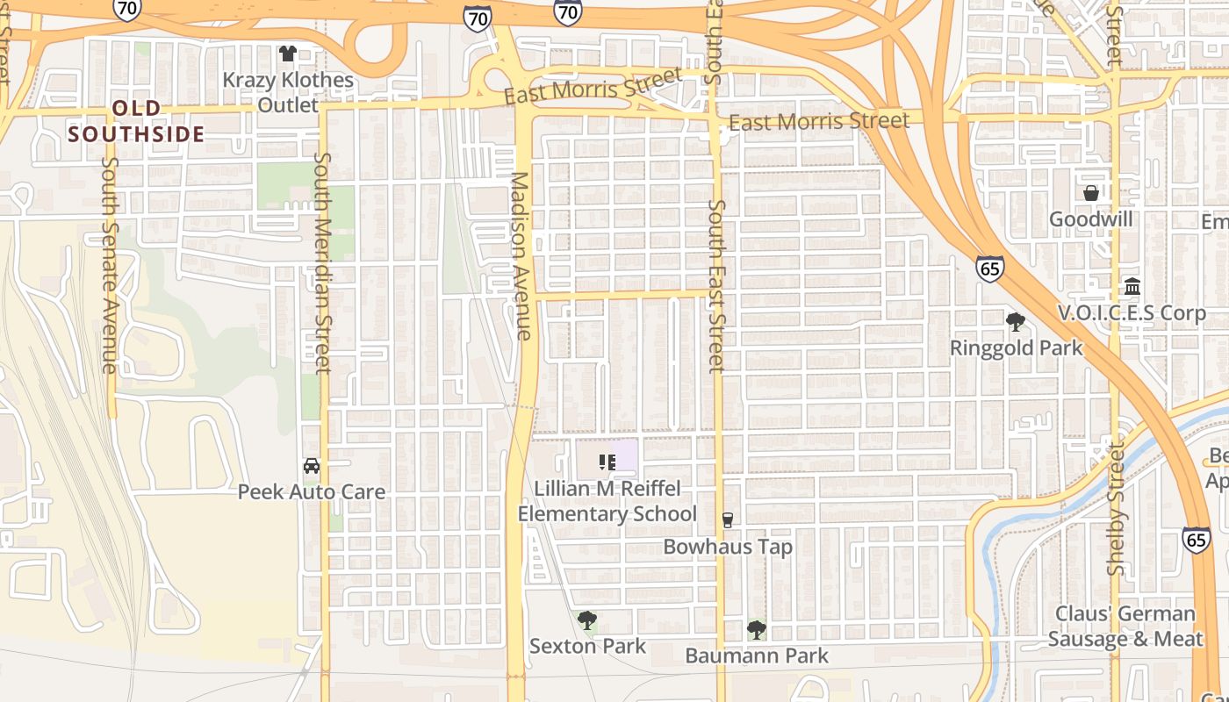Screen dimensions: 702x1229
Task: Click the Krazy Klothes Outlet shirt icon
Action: pos(287,54)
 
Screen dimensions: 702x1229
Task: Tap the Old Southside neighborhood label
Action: pos(136,121)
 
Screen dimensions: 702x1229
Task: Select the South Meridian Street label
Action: pos(322,262)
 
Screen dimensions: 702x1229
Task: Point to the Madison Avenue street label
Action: pos(521,255)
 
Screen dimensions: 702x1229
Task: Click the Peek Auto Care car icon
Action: pos(312,465)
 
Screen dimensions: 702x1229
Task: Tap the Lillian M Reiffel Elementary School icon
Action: pos(607,462)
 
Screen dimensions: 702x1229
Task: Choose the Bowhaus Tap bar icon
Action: pos(727,520)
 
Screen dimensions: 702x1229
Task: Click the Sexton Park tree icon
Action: pos(587,621)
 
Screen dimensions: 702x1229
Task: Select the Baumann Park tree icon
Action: pos(756,629)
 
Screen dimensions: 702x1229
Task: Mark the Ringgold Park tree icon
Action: pos(1016,322)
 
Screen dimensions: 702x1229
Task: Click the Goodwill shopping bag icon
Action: pos(1091,193)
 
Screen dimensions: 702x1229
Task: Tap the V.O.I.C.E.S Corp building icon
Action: pos(1132,287)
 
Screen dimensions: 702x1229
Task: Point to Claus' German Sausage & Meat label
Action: pos(1125,627)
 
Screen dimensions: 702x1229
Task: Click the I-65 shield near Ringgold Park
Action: pos(989,269)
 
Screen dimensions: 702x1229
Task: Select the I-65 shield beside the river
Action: pos(1196,540)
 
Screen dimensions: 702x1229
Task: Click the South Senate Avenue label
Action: pos(110,264)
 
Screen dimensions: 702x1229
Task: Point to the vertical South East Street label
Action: pos(717,285)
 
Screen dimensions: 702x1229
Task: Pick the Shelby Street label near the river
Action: pos(1115,509)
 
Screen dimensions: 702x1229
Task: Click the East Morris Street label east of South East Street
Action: pos(818,121)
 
